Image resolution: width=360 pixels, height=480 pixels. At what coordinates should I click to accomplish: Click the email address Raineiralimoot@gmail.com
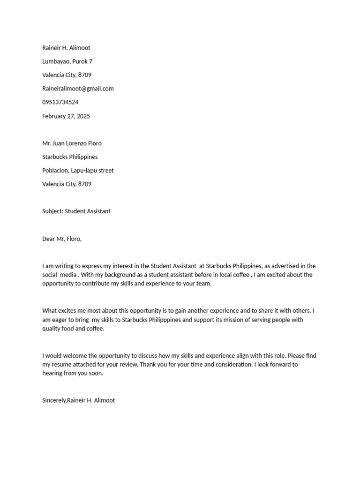click(x=78, y=89)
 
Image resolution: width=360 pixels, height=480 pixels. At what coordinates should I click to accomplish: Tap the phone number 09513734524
click(x=60, y=102)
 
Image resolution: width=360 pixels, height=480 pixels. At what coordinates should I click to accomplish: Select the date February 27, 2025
click(x=66, y=116)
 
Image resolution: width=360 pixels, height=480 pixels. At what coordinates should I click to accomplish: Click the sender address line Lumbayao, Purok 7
click(x=67, y=61)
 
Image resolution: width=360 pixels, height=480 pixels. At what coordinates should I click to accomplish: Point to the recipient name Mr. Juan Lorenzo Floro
click(x=72, y=143)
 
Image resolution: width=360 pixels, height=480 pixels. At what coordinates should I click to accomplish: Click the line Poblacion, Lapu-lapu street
click(x=78, y=171)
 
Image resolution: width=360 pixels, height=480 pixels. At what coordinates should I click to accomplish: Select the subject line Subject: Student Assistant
click(x=76, y=211)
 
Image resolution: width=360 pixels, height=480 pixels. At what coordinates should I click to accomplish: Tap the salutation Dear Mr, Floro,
click(x=62, y=239)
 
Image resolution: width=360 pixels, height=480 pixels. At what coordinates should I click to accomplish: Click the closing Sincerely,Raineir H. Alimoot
click(x=79, y=400)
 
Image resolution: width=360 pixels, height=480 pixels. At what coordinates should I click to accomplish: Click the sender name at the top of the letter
click(x=66, y=48)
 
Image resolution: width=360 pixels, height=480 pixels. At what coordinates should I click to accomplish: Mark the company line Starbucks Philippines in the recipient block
click(x=70, y=157)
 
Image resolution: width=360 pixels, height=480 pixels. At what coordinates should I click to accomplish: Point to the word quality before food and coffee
click(x=52, y=329)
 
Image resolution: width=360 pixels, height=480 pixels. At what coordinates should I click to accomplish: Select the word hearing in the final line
click(x=52, y=374)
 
